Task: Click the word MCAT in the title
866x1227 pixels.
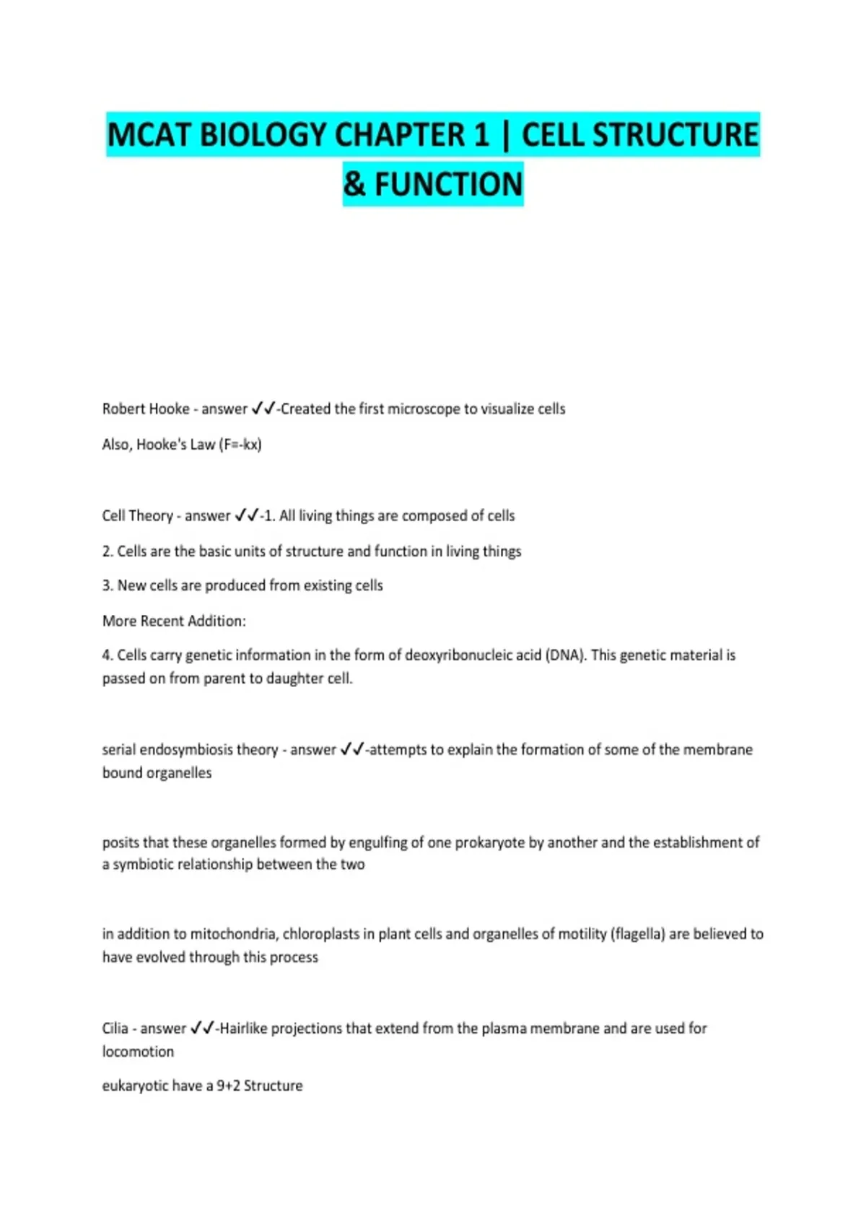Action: pos(149,135)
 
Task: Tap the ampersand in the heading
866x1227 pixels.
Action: pos(354,184)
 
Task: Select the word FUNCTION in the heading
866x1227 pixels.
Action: pos(448,184)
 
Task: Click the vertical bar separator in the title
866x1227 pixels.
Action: pos(504,135)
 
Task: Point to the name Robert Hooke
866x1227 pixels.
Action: pos(146,409)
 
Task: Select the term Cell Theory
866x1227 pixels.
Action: pos(137,515)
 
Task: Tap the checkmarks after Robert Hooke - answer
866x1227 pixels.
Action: pos(263,409)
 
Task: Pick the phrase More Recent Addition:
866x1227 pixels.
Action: pos(174,621)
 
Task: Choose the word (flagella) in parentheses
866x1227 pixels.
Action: pos(637,934)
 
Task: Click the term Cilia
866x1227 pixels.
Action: pos(115,1028)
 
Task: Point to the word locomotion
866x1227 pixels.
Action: pos(138,1052)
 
